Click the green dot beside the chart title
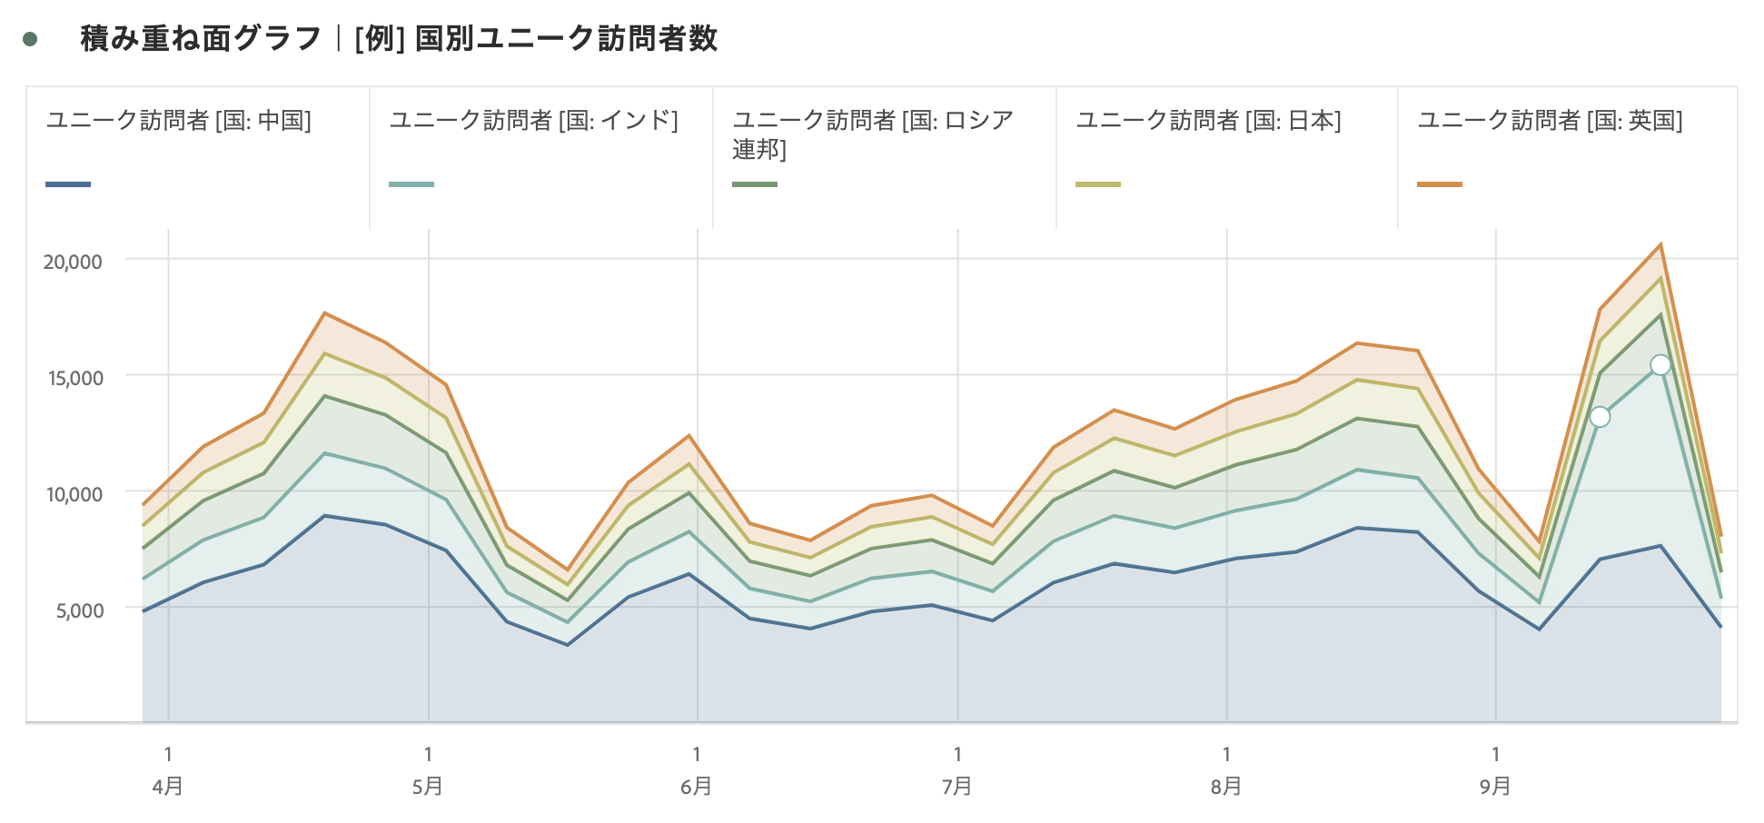(x=31, y=39)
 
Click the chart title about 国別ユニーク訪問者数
(x=399, y=39)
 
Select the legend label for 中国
(x=179, y=121)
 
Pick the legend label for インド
(x=533, y=121)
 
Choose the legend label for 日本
(x=1208, y=121)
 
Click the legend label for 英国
(x=1550, y=121)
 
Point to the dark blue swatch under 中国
(x=68, y=184)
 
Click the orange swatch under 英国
(x=1440, y=184)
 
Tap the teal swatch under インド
(x=411, y=184)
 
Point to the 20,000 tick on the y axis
(x=73, y=262)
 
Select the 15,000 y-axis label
(x=74, y=378)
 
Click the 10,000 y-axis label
(x=74, y=494)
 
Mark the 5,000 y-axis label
(x=80, y=610)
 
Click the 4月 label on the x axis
(x=168, y=786)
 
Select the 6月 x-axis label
(x=697, y=786)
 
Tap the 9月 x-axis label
(x=1495, y=786)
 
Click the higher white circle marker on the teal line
(x=1660, y=365)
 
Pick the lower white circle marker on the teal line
(x=1600, y=417)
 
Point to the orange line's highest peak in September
(x=1660, y=244)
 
